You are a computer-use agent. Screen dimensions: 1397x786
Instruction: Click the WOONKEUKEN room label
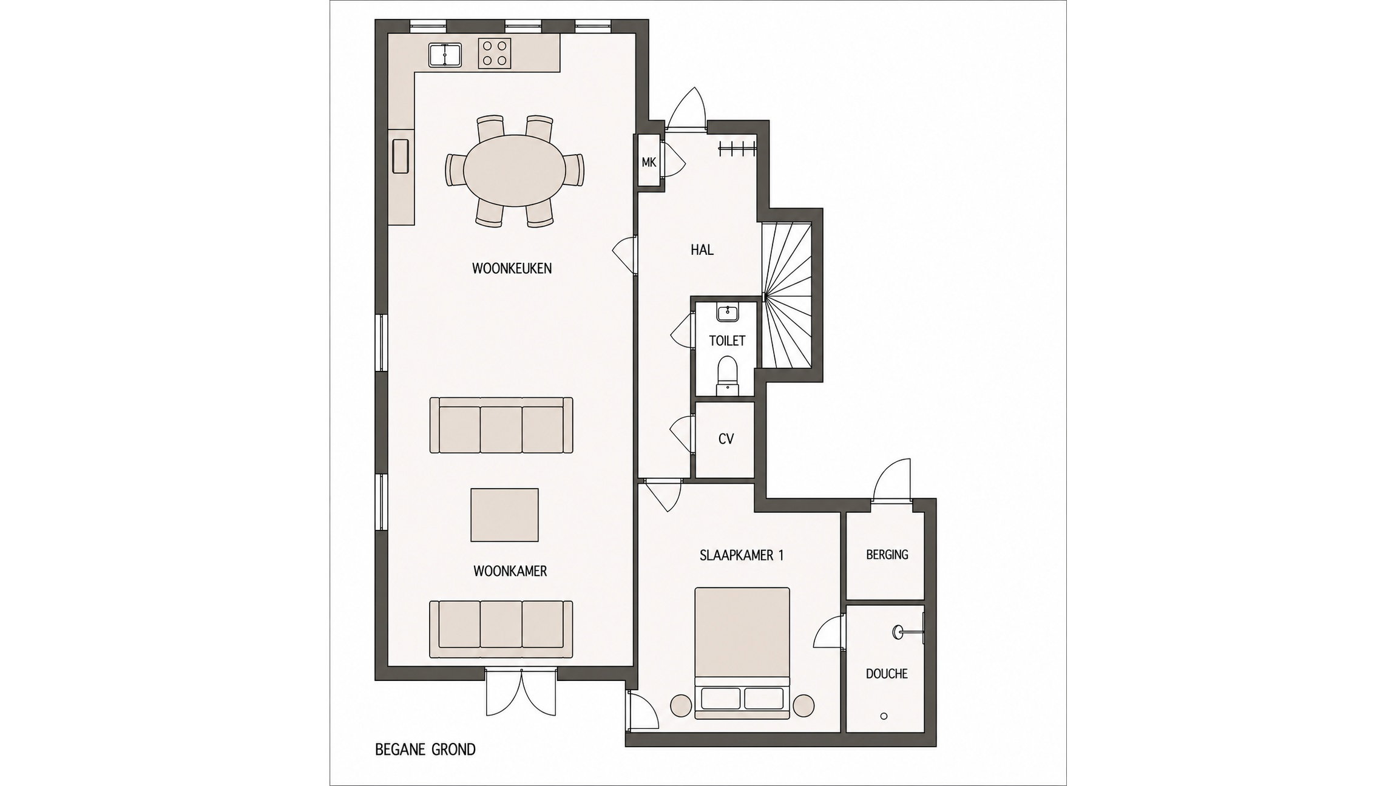tap(512, 268)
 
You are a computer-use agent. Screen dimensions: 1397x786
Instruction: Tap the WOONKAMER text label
tap(510, 571)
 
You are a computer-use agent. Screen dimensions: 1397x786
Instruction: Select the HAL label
tap(702, 249)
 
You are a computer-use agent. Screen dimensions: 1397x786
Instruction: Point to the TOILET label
tap(727, 340)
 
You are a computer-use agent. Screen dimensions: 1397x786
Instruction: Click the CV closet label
tap(726, 439)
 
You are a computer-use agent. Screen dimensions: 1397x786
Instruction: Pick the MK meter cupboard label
tap(649, 162)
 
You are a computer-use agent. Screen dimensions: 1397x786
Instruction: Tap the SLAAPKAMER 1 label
tap(742, 555)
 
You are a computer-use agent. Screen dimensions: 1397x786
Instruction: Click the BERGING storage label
tap(887, 554)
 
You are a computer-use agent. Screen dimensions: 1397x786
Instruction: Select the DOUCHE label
tap(887, 674)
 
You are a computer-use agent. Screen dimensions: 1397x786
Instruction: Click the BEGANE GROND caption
tap(425, 750)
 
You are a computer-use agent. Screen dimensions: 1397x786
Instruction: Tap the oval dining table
tap(515, 171)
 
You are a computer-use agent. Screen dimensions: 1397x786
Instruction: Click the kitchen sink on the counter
tap(445, 55)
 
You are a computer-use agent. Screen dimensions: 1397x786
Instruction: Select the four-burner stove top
tap(495, 53)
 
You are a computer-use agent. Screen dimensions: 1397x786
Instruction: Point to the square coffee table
tap(504, 515)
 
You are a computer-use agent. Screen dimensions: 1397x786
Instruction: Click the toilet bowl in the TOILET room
tap(726, 376)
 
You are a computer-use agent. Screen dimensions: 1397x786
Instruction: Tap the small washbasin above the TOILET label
tap(727, 313)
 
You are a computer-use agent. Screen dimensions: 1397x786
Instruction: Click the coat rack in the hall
tap(737, 148)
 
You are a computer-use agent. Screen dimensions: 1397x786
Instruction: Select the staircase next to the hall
tap(787, 295)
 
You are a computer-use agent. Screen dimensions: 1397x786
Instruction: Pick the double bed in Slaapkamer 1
tap(742, 653)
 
